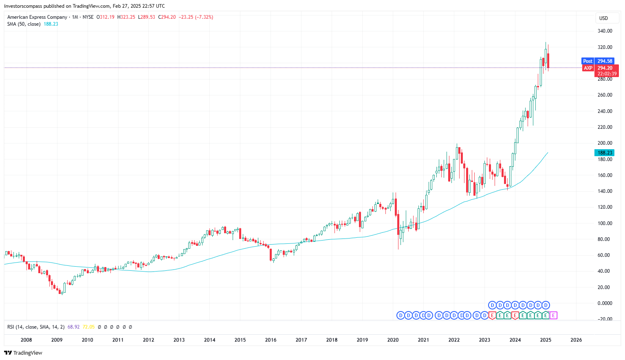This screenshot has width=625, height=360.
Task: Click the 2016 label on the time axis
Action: tap(271, 340)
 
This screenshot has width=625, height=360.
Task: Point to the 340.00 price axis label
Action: tap(605, 31)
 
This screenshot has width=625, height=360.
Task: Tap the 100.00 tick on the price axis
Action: tap(605, 223)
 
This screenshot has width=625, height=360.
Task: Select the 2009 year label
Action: tap(57, 340)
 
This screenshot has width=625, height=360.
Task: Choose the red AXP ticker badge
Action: tap(588, 68)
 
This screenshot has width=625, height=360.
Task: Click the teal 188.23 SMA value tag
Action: tap(605, 153)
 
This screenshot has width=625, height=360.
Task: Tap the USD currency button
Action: tap(603, 18)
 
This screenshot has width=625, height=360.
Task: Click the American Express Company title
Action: tap(37, 17)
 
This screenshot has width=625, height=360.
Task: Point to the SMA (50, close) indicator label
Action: tap(24, 24)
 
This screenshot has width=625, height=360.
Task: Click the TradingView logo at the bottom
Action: tap(23, 353)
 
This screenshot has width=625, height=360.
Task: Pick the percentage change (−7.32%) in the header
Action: tap(204, 17)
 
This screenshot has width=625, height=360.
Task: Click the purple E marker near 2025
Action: tap(553, 315)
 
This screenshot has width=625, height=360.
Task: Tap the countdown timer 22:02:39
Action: tap(607, 74)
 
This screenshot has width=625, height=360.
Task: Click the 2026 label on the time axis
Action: tap(576, 340)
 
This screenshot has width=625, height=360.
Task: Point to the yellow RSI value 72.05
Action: tap(88, 327)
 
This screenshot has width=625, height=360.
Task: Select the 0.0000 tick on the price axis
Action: tap(605, 303)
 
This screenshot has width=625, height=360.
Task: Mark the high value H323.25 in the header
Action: tap(126, 17)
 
